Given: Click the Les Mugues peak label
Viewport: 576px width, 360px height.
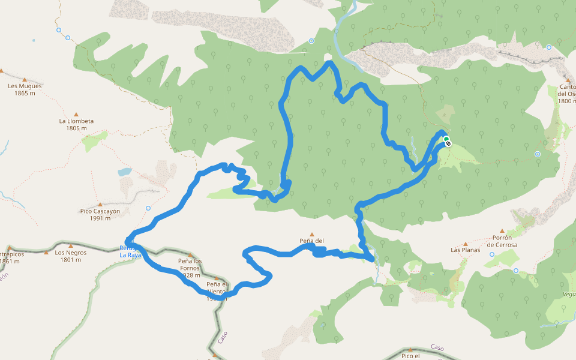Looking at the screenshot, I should pos(25,86).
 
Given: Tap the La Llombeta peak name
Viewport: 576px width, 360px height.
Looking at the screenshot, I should pos(76,121).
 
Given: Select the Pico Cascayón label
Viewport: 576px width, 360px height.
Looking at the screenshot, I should pos(100,211).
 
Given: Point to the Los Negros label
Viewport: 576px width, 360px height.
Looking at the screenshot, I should pos(71,253).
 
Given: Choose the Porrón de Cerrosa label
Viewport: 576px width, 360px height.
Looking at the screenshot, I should pos(502,241).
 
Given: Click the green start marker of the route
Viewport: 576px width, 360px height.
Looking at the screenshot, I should pos(446,139).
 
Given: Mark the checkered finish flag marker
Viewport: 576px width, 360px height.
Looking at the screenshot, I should pos(448,143).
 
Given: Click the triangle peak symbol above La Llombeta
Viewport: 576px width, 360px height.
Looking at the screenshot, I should pos(76,114).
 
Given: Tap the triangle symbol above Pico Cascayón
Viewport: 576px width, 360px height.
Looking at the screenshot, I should pos(100,204).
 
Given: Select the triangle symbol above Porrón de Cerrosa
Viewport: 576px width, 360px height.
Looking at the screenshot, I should pos(502,230).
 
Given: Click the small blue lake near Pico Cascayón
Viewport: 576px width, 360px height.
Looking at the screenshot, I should pos(125,172).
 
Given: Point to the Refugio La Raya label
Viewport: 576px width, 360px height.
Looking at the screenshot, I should pos(130,251).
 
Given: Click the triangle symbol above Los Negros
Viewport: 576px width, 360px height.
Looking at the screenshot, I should pos(71,245).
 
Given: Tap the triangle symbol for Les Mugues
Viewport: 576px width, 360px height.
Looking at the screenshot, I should pos(2,71).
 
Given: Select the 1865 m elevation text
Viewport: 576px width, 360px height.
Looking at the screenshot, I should pos(25,93).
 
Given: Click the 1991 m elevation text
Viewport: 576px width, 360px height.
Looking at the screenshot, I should pos(100,218).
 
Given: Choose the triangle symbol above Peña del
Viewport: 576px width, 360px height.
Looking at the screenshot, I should pos(311,235).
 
